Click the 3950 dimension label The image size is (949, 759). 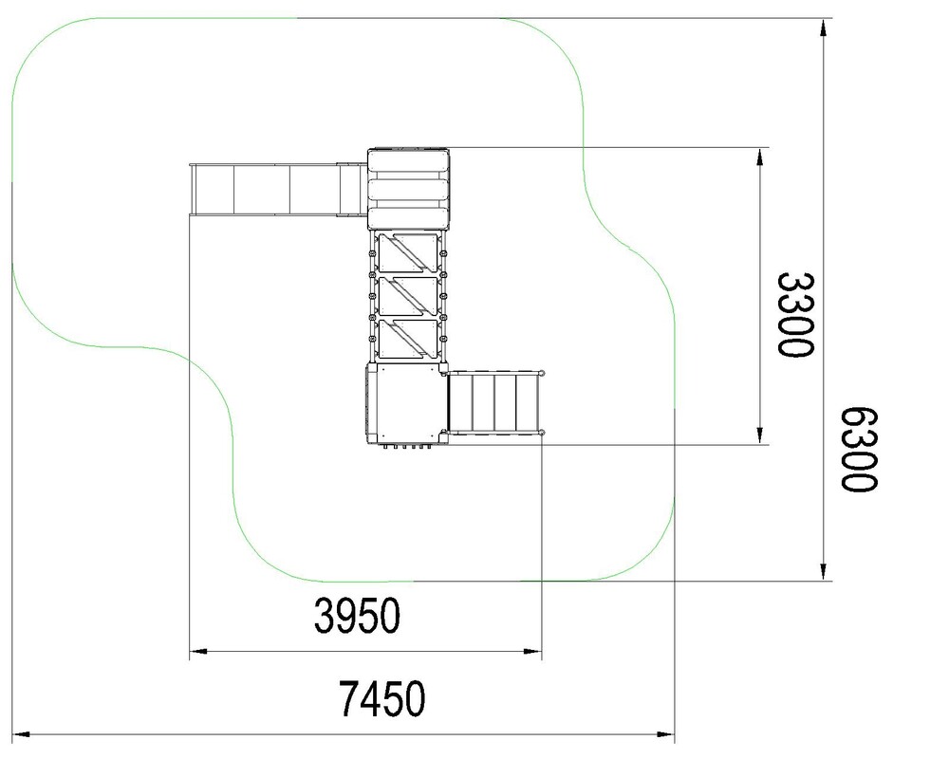[x=357, y=616]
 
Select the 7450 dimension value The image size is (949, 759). [x=381, y=698]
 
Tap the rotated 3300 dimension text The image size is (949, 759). [x=796, y=315]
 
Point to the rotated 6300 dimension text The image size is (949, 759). [x=858, y=450]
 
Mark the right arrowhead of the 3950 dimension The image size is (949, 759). [x=532, y=652]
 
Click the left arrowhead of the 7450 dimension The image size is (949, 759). [x=21, y=734]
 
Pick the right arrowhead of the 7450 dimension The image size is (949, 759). [x=666, y=734]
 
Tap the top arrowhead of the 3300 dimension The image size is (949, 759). [x=760, y=157]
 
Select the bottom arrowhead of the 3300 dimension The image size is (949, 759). [x=760, y=435]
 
